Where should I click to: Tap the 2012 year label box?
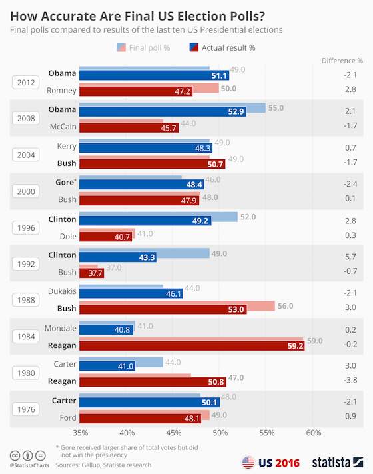(x=27, y=82)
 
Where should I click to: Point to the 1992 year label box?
(x=27, y=263)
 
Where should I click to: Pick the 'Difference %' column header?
(x=342, y=60)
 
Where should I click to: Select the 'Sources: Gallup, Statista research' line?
(x=103, y=465)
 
